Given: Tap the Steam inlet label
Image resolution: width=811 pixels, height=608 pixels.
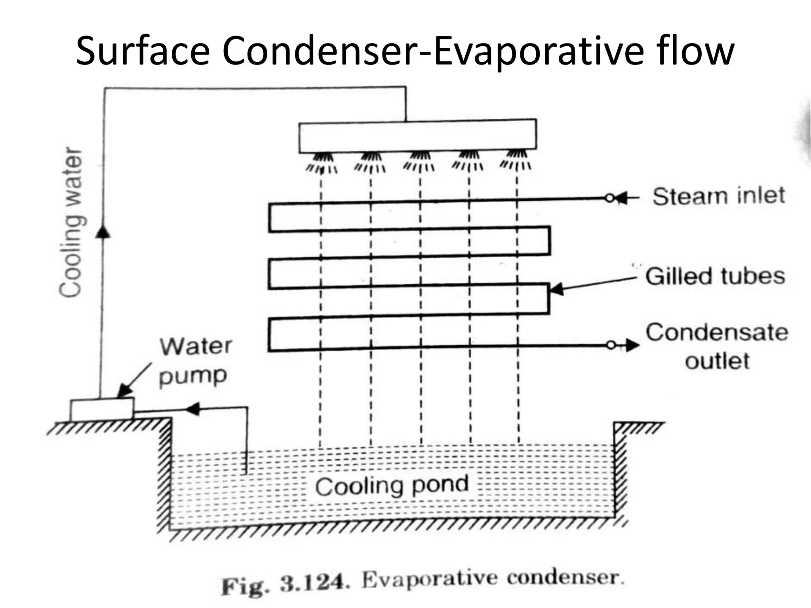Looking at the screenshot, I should [x=718, y=196].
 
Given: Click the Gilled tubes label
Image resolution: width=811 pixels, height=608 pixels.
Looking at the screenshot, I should [x=715, y=276].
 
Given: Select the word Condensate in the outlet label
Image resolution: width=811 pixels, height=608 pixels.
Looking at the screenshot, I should [x=717, y=332].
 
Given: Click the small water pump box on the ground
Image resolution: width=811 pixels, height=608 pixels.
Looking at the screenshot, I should [x=102, y=409].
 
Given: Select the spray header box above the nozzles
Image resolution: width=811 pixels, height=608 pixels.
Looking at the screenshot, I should [x=417, y=136].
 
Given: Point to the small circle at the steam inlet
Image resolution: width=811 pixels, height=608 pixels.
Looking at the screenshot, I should [x=609, y=198].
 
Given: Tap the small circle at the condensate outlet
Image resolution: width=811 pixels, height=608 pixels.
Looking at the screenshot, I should [x=611, y=346].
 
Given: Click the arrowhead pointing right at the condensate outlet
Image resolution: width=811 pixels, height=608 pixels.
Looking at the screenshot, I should [x=633, y=346].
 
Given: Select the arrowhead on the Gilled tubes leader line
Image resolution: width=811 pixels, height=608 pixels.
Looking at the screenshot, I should [x=556, y=289].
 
